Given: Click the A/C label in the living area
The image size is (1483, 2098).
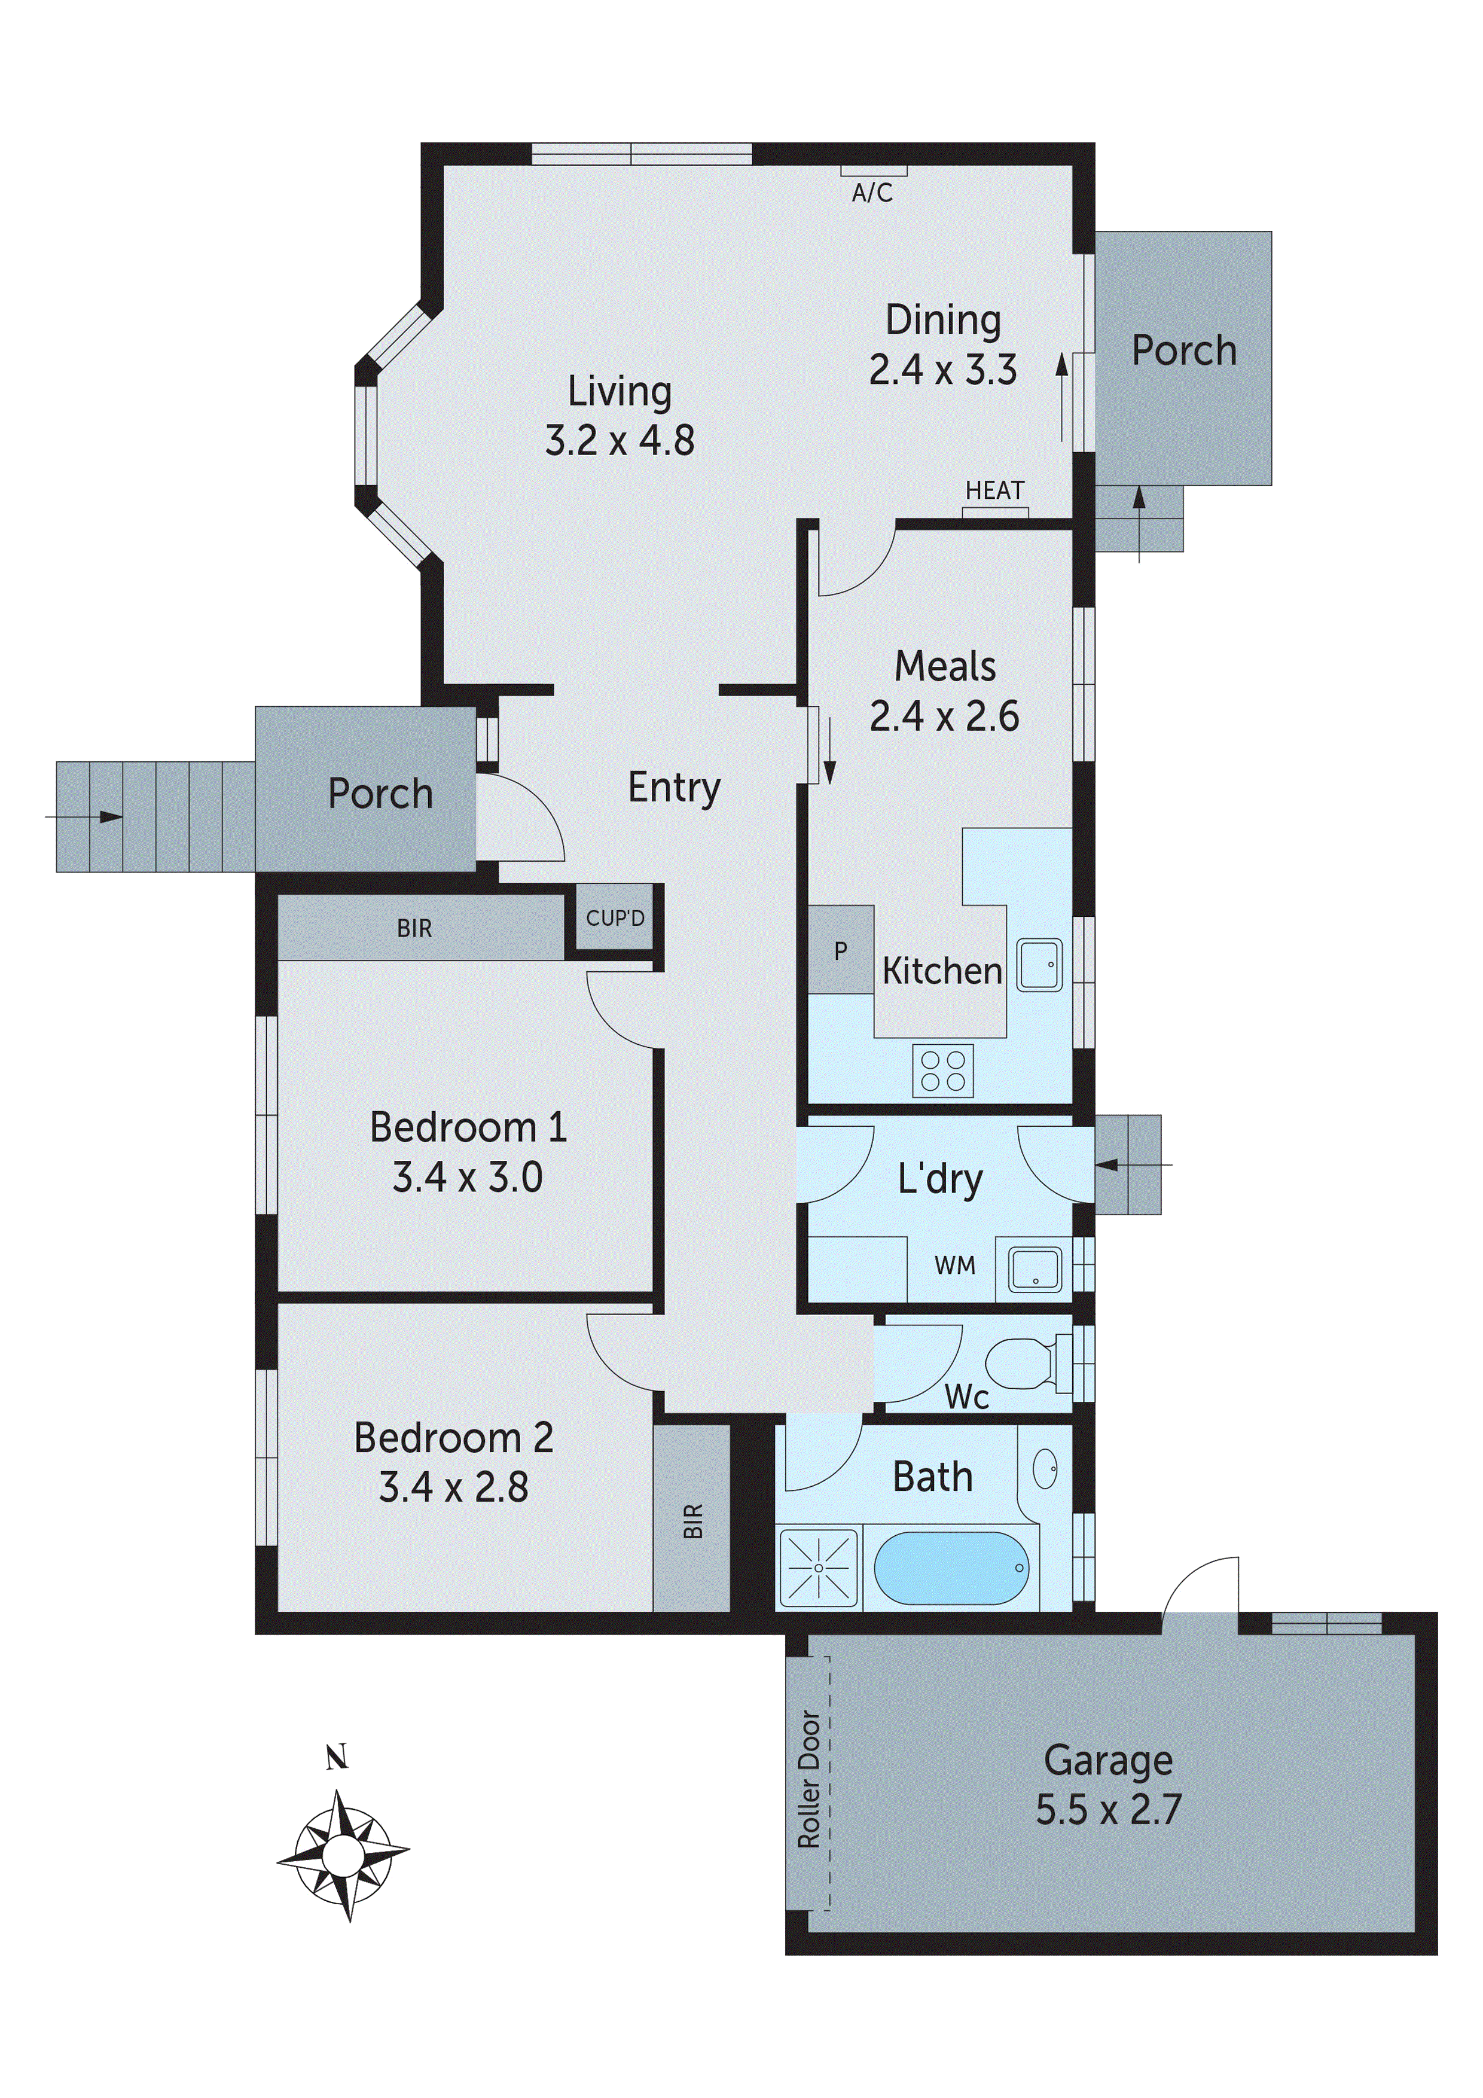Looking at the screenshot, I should coord(872,193).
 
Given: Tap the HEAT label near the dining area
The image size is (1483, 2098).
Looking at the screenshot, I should coord(994,490).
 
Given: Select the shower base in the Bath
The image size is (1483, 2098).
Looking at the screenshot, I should coord(818,1568).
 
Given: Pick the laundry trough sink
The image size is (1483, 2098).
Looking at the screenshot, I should coord(1035,1269).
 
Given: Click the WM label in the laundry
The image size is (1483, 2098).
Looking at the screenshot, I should coord(955,1265).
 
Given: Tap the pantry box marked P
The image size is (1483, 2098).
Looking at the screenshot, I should coord(841,950).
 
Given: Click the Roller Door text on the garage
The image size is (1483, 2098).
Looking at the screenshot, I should coord(808,1779).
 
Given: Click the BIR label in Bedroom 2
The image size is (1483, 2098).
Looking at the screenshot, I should coord(692,1521).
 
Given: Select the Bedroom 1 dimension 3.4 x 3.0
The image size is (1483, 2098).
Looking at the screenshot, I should coord(467,1177).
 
